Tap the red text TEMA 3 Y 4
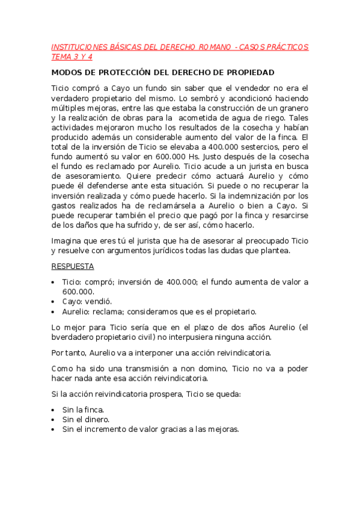[x=72, y=57]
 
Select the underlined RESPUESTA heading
[x=72, y=266]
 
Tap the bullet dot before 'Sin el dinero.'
[x=53, y=420]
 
